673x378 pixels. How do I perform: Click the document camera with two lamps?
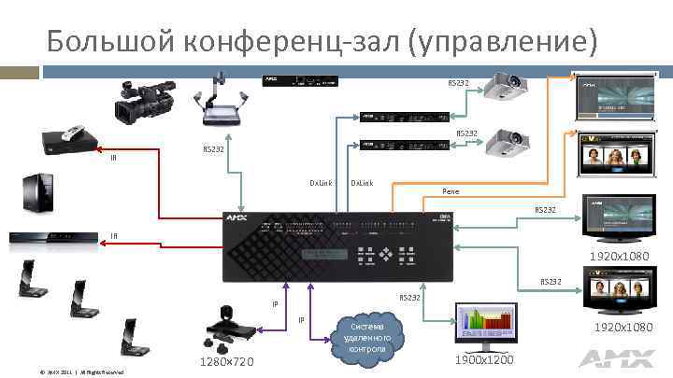[x=222, y=102]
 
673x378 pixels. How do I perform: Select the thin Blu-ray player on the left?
[x=51, y=240]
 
